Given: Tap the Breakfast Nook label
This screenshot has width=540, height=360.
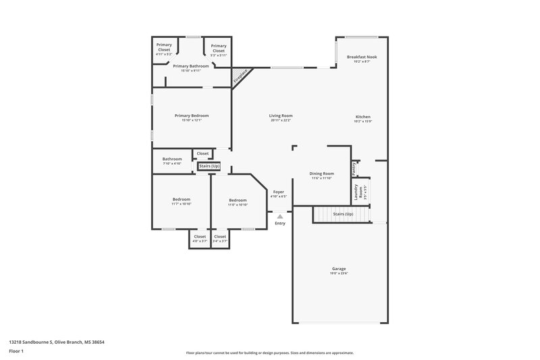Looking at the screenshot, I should point(362,57).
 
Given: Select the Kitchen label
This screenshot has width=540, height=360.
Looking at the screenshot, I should point(362,117).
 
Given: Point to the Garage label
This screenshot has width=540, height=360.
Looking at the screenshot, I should point(339,269).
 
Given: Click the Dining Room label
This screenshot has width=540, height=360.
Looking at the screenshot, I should point(321,174).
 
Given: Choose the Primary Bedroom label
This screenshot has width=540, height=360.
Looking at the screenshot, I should point(191,115).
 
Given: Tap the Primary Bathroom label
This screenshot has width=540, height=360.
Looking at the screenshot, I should point(191,66).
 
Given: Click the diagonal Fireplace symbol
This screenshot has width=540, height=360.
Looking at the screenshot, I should point(240,76).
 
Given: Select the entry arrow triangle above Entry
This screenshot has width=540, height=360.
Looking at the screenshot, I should point(279,217).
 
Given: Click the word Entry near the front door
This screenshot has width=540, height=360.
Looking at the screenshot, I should point(279,224).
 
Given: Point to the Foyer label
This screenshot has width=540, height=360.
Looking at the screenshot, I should point(279,192).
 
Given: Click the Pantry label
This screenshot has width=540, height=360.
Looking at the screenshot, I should point(354,168).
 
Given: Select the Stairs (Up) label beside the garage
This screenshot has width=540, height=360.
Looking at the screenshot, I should point(344,214).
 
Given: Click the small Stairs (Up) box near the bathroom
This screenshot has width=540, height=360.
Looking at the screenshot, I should point(209,165).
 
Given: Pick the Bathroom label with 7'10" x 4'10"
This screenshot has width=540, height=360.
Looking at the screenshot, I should point(172,159).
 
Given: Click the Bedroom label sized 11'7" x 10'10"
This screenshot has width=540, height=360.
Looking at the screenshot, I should point(181,199).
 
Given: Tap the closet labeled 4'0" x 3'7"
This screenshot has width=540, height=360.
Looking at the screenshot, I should point(200,237).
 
